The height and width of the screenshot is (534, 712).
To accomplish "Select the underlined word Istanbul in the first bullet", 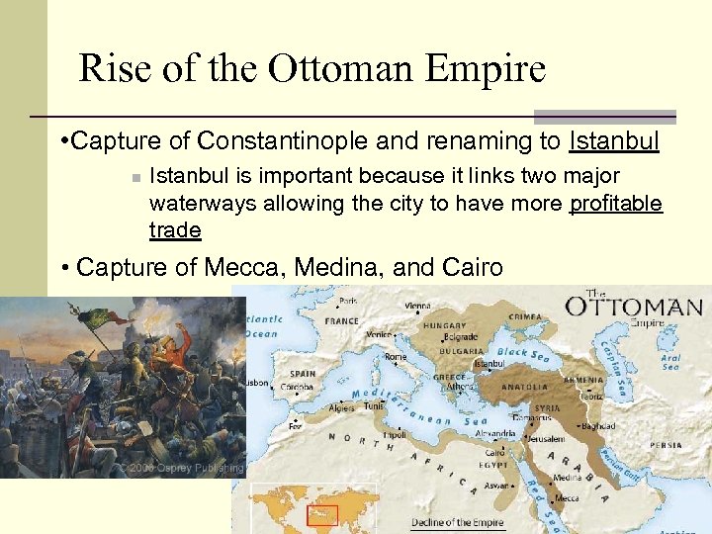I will [x=614, y=141].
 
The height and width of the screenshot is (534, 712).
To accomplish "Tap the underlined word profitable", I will [x=616, y=204].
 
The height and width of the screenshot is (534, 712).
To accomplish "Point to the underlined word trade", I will [x=175, y=230].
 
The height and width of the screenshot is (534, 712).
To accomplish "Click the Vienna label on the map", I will [x=416, y=307].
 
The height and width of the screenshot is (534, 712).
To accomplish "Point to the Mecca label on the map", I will [x=568, y=498].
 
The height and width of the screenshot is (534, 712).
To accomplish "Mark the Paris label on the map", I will [x=348, y=301].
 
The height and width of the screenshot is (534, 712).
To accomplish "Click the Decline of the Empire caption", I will [x=458, y=522].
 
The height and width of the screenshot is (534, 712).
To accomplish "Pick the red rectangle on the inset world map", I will [x=321, y=515].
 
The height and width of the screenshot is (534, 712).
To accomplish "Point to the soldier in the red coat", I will [x=172, y=351].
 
